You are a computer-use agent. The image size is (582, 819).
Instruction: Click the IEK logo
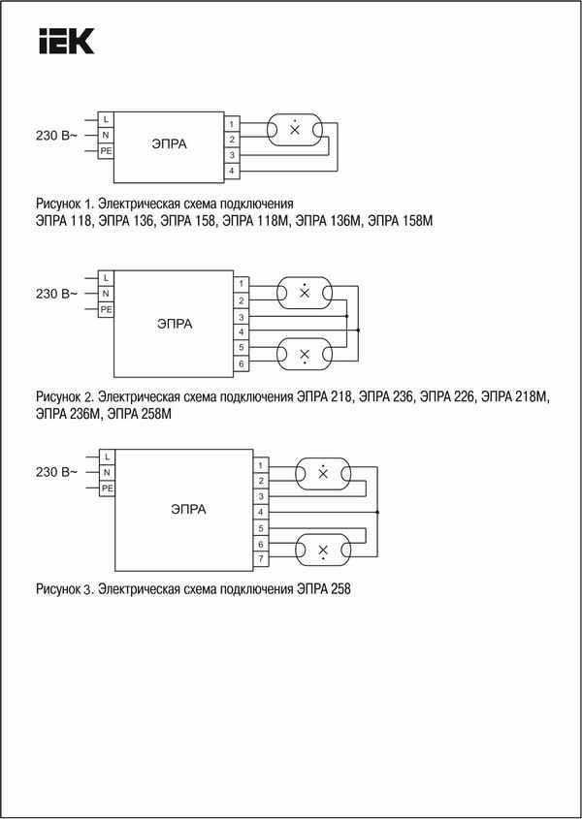(65, 42)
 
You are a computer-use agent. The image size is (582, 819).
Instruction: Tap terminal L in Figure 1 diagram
(105, 118)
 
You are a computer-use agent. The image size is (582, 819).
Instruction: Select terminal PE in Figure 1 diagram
(105, 150)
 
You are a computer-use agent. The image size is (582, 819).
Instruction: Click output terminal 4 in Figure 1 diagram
(232, 172)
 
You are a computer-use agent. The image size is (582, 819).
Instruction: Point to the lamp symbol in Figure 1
(295, 129)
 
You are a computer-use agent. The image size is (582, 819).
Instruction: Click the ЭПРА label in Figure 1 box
(169, 144)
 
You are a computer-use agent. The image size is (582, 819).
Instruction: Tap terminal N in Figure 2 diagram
(105, 294)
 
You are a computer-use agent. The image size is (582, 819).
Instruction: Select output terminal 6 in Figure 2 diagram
(240, 362)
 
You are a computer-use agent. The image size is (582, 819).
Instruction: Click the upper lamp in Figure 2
(305, 292)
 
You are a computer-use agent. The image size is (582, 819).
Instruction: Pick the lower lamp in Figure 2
(305, 353)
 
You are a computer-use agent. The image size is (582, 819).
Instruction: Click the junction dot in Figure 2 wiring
(359, 331)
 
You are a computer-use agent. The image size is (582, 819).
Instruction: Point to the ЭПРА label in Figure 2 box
(175, 324)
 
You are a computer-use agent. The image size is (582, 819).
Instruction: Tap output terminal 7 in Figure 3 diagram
(261, 560)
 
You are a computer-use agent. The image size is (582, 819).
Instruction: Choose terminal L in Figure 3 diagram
(107, 456)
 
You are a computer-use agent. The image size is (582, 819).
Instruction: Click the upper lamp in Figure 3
(323, 472)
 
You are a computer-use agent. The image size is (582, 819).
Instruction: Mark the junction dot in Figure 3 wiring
(377, 511)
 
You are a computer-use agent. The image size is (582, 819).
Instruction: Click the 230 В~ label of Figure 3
(56, 472)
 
